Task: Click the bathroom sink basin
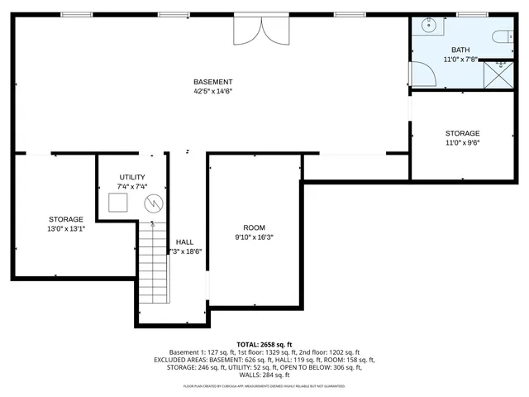428,26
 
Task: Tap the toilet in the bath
499,37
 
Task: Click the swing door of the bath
424,75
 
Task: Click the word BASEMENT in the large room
212,82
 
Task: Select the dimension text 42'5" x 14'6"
212,92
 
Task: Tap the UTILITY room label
132,177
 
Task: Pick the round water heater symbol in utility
153,203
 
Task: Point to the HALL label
185,242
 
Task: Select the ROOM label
254,227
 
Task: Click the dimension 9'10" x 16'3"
254,237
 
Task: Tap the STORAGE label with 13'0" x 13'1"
66,219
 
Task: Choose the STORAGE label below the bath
462,133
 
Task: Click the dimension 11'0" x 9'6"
462,143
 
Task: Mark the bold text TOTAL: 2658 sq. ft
264,344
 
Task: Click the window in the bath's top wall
471,14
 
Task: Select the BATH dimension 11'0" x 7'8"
460,60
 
